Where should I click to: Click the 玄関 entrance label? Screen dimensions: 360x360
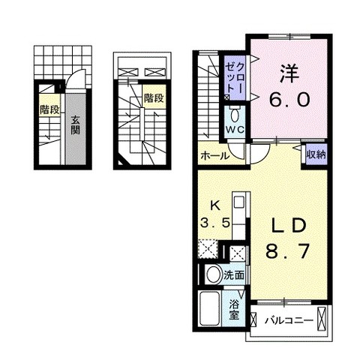coord(75,125)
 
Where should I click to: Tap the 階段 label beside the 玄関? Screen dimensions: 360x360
coord(49,109)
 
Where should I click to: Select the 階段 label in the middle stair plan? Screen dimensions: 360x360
coord(154,98)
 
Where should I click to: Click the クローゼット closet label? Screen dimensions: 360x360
coord(235,78)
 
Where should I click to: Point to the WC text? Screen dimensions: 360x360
coord(235,130)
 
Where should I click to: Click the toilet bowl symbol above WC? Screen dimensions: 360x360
coord(235,115)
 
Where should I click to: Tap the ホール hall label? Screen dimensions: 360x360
coord(214,156)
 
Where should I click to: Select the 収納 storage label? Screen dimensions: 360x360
coord(316,155)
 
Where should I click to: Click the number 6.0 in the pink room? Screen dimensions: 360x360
coord(289,100)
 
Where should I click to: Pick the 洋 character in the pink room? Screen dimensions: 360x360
coord(289,73)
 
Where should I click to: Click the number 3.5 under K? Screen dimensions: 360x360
coord(215,223)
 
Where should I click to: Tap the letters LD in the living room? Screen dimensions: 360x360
coord(289,226)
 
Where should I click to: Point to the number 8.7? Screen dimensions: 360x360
coord(287,251)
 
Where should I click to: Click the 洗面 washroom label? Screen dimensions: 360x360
coord(234,275)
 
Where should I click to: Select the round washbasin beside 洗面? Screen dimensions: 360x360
coord(214,274)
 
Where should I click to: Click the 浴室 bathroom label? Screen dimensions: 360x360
coord(234,310)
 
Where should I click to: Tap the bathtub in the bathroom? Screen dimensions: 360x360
coord(210,309)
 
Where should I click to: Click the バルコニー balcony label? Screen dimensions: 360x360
coord(289,320)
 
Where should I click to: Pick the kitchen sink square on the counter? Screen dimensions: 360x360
coord(239,202)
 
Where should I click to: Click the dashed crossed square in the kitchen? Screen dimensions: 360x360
coord(208,248)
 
